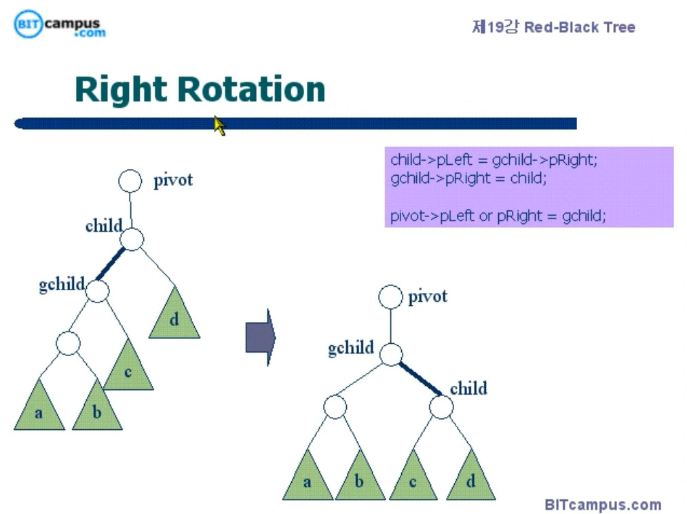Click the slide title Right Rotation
pos(200,90)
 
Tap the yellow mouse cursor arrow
pos(219,125)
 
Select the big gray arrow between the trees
pos(260,337)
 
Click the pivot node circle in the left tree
pos(130,181)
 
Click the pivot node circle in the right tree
pos(390,296)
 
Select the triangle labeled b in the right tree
pos(359,479)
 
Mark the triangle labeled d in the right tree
pos(470,479)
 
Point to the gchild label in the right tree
pos(351,348)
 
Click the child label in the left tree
pos(104,226)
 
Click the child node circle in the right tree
pos(441,407)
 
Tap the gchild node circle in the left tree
pos(97,291)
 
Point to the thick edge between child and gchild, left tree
pos(111,263)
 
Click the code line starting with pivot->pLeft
pos(498,216)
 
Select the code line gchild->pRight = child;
pos(468,178)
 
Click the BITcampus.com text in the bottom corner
pos(602,505)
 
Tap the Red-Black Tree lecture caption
pos(553,27)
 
